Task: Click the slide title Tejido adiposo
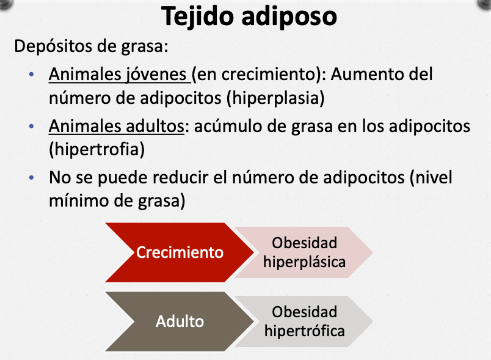click(249, 17)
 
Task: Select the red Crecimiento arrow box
click(180, 252)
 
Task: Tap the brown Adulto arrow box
click(180, 321)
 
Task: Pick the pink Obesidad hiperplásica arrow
click(304, 252)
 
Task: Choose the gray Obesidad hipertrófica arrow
click(304, 321)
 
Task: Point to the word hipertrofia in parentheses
click(96, 149)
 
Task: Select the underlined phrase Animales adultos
click(117, 127)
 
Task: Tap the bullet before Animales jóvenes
click(31, 75)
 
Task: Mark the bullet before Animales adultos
click(31, 127)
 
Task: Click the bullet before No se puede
click(31, 178)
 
